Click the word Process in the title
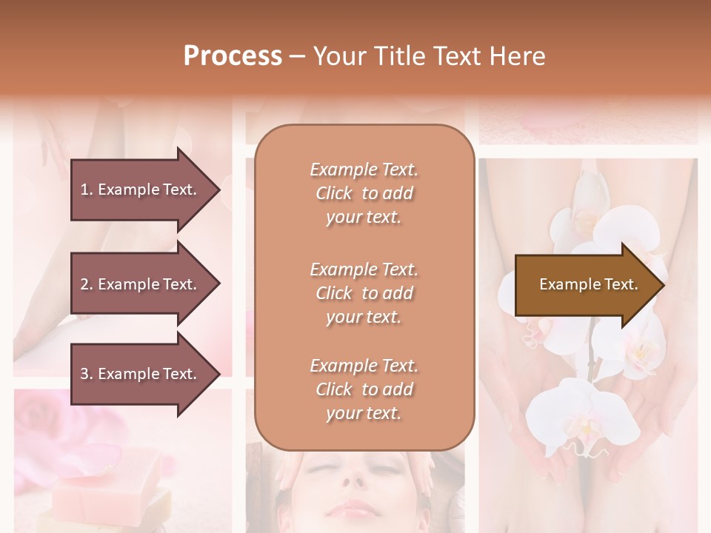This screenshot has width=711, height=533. (x=233, y=56)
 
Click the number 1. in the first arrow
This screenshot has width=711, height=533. (x=87, y=190)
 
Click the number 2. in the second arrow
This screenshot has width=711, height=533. (x=87, y=284)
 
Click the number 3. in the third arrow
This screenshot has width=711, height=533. (x=87, y=374)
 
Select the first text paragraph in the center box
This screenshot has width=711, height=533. (x=364, y=193)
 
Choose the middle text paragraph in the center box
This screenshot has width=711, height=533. (x=364, y=293)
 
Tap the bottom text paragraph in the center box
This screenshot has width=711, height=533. (x=364, y=389)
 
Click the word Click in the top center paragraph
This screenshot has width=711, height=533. (x=334, y=193)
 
